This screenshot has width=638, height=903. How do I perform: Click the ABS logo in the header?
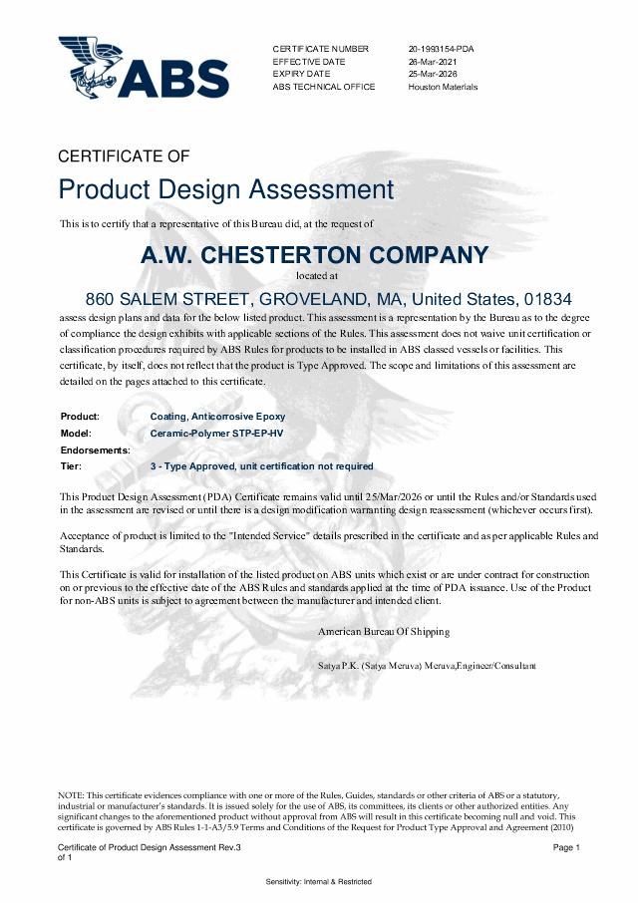(x=143, y=67)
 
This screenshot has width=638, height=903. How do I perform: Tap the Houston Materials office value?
(x=443, y=87)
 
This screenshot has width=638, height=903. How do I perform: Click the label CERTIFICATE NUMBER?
(x=320, y=49)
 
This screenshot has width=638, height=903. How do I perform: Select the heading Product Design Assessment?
(x=225, y=189)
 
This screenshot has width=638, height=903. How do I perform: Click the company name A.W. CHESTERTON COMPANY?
(x=315, y=255)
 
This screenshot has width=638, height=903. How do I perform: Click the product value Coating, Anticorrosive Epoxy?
(x=217, y=416)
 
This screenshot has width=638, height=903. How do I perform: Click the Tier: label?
(x=71, y=466)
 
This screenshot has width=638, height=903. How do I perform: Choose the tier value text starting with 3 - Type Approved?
(x=261, y=466)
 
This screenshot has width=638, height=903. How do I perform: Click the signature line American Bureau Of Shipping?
(x=383, y=632)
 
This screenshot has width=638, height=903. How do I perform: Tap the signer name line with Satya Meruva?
(x=427, y=665)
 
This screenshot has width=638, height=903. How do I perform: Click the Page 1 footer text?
(x=566, y=847)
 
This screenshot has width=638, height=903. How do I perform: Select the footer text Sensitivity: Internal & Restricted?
(x=318, y=882)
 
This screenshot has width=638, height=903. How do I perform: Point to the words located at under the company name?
(x=318, y=274)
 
